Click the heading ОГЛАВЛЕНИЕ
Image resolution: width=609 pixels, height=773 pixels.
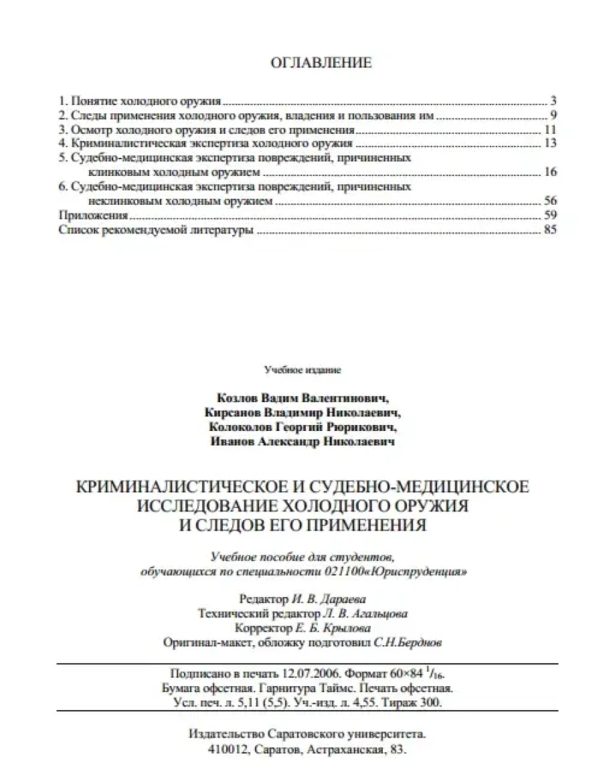coord(319,64)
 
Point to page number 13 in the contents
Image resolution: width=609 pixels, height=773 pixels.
coord(551,143)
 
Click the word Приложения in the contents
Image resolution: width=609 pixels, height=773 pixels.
coord(93,216)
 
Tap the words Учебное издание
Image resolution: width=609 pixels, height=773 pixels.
coord(303,368)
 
